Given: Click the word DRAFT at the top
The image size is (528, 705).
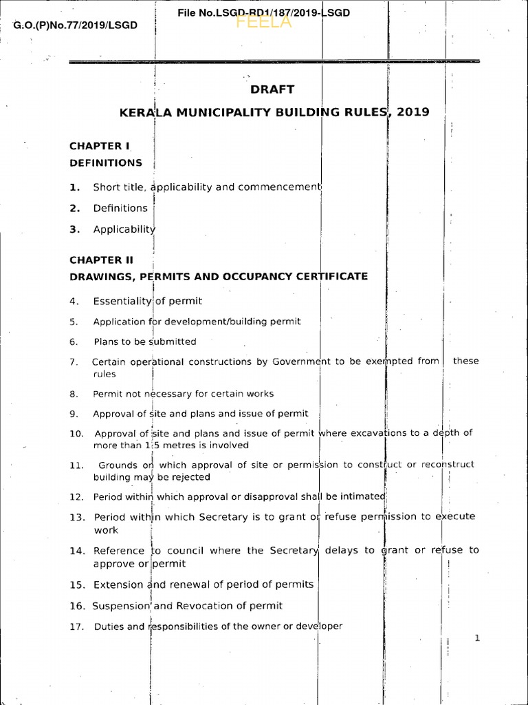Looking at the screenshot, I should (273, 89).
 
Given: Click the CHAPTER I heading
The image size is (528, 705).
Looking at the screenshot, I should (100, 146).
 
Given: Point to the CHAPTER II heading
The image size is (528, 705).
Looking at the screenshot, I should (101, 260).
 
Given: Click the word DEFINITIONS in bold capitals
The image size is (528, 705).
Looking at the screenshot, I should (106, 163).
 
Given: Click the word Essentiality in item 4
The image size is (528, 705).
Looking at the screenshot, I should (122, 301).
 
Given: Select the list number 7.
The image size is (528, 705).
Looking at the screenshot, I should (74, 361).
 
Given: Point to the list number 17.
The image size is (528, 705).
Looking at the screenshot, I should (76, 627).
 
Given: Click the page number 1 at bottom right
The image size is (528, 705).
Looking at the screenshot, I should (476, 638).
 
